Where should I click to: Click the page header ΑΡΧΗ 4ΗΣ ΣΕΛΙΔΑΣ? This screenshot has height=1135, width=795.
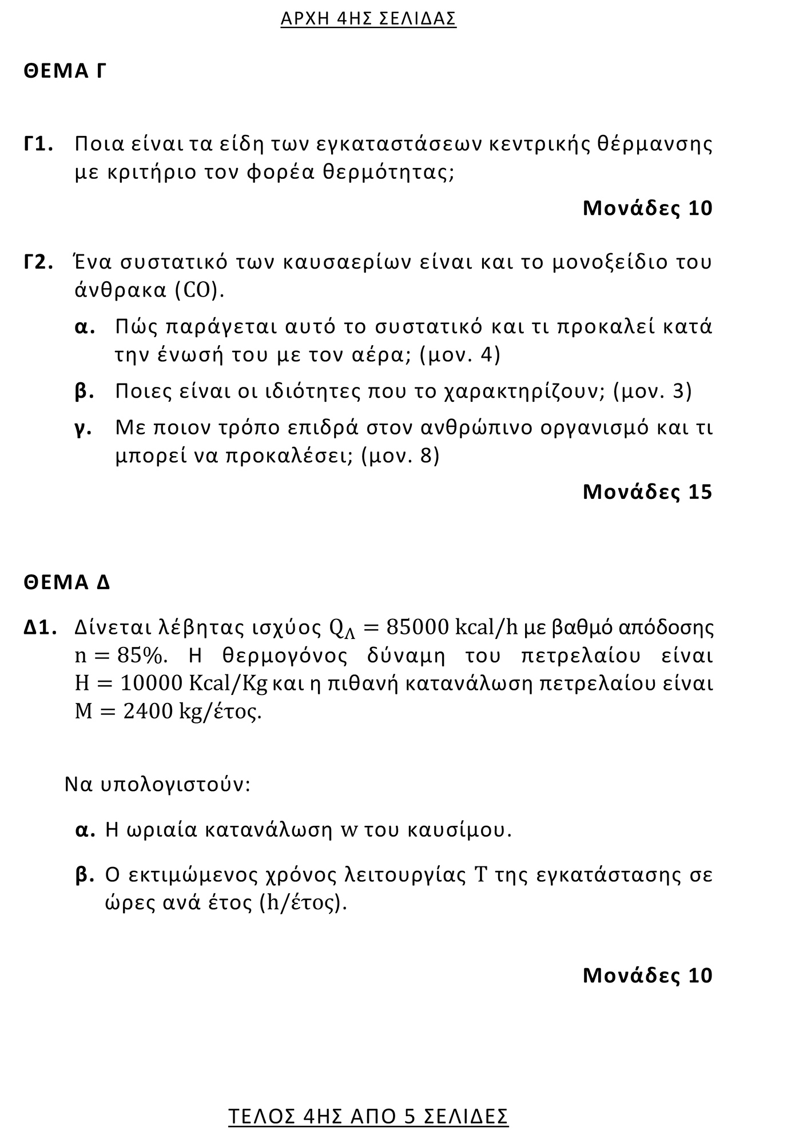click(368, 19)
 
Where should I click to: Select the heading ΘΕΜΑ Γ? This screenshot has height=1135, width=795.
click(65, 71)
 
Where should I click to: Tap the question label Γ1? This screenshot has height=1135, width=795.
click(39, 144)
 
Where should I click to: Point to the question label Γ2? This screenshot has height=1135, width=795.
click(39, 262)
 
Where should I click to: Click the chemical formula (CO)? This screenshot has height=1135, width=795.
click(198, 291)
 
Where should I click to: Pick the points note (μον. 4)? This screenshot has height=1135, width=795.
click(459, 355)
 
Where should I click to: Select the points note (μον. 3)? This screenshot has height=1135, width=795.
click(652, 391)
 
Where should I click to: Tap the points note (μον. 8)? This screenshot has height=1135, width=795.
click(400, 456)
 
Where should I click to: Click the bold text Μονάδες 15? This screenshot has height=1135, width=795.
click(647, 492)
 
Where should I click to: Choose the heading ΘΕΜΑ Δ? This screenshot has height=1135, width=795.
click(66, 583)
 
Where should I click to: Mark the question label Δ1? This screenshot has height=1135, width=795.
click(40, 628)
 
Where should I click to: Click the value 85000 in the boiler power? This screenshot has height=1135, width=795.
click(417, 628)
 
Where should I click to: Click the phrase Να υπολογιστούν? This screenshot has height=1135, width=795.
click(157, 784)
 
